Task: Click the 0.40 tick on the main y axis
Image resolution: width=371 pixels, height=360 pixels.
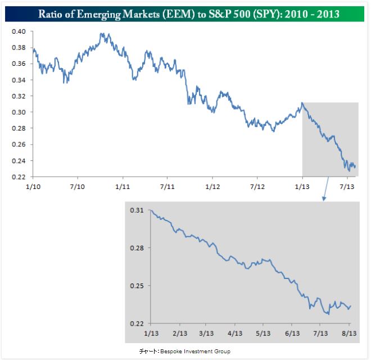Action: coord(18,31)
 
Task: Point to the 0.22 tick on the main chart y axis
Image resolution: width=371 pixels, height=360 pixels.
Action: coord(18,177)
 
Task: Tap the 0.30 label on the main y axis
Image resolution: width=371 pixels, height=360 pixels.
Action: coord(18,112)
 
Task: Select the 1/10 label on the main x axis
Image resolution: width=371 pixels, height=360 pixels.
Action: coord(33,186)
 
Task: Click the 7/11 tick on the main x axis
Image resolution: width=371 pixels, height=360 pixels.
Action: coord(167,186)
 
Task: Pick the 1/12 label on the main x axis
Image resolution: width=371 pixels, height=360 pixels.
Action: coord(212,186)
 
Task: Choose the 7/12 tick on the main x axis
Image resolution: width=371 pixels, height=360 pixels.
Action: coord(257,186)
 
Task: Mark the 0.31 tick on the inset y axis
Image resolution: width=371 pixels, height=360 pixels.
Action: coord(138,210)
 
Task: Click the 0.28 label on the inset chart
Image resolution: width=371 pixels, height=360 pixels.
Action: coord(138,248)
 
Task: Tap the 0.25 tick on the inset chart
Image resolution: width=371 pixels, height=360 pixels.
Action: coord(138,286)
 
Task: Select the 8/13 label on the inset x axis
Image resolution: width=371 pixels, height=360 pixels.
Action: coord(349,332)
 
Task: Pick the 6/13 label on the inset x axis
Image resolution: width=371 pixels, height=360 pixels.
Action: coord(292,332)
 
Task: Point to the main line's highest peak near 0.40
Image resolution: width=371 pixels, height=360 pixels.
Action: coord(102,33)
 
